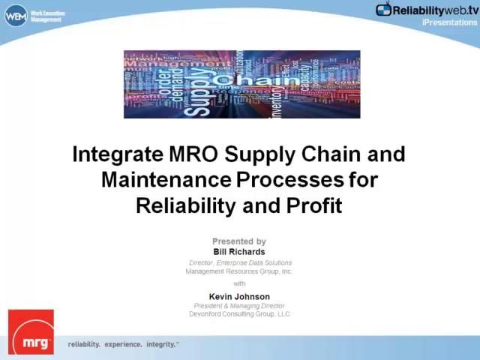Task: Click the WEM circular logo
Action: [16, 15]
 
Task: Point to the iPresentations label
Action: [450, 22]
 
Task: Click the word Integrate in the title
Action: [117, 154]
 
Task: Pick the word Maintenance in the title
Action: [166, 180]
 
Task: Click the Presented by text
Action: [239, 241]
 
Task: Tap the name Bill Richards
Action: [239, 252]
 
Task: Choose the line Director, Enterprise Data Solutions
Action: [240, 263]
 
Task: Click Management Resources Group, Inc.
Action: [239, 271]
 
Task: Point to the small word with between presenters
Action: [239, 283]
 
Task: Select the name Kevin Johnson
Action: [239, 296]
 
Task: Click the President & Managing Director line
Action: [239, 306]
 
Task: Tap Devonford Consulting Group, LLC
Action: [239, 314]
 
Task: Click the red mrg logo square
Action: [31, 331]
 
